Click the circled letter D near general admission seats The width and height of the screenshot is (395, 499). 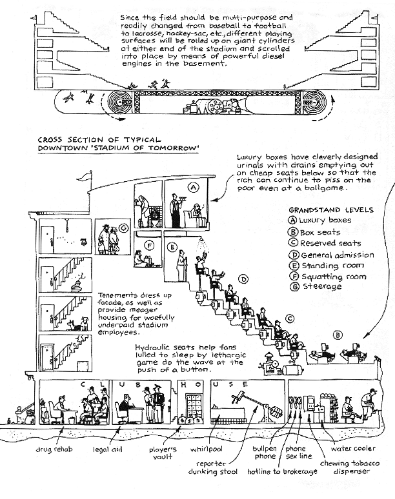pos(243,279)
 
